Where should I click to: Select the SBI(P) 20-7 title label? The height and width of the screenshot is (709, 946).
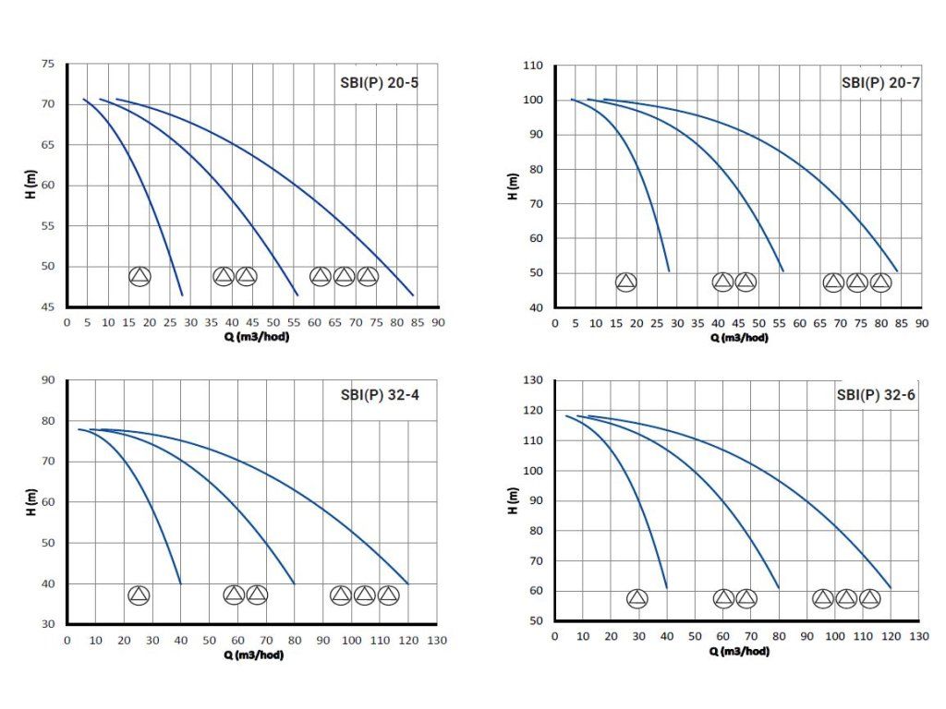click(880, 81)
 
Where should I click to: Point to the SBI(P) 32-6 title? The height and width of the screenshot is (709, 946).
click(874, 394)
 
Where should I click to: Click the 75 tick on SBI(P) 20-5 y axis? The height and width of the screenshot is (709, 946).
click(47, 64)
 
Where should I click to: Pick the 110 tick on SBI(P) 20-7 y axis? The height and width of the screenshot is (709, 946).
click(535, 66)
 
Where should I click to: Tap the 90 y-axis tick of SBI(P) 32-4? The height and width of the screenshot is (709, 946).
click(47, 380)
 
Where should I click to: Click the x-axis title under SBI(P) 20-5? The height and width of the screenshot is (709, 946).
click(253, 335)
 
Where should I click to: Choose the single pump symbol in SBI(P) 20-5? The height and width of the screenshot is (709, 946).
click(139, 276)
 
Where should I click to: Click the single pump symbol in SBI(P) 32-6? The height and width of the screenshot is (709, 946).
click(637, 599)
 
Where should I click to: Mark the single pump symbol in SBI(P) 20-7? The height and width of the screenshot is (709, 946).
click(625, 282)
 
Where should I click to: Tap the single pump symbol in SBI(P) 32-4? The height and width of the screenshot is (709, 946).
click(139, 595)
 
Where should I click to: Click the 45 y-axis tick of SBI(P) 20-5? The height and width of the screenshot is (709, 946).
click(47, 307)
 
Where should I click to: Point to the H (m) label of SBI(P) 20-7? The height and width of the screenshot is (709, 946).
click(512, 186)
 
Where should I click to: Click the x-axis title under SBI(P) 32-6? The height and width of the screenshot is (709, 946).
click(740, 651)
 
